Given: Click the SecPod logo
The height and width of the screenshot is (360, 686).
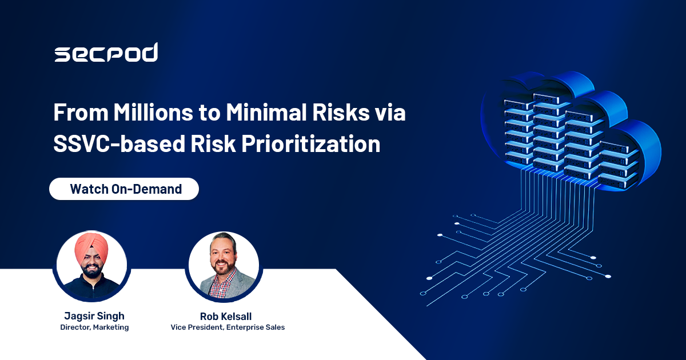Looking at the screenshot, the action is click(106, 53).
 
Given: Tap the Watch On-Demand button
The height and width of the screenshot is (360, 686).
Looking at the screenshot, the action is click(124, 189).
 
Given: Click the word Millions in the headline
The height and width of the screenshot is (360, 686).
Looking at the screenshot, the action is click(153, 113).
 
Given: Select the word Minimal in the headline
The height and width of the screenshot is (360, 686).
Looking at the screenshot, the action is click(266, 113).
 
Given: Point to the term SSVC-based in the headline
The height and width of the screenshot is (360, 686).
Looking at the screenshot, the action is click(119, 143).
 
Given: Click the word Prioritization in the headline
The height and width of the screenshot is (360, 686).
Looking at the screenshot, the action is click(311, 143).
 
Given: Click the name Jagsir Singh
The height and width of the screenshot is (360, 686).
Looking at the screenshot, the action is click(94, 315).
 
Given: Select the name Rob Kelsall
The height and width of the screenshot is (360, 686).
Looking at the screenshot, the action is click(226, 316).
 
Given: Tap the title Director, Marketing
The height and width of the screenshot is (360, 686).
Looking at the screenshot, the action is click(94, 327).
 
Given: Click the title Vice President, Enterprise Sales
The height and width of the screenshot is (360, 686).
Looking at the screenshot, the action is click(228, 327).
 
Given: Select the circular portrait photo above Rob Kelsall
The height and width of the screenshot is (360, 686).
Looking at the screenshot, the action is click(224, 265).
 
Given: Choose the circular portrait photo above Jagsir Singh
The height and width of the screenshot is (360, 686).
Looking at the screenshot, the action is click(92, 265).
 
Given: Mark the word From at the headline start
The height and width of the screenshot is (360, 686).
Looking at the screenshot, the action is click(81, 113).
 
